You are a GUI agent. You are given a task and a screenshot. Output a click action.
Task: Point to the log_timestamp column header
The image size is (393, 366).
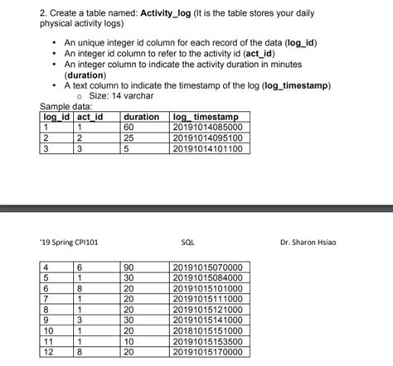205,117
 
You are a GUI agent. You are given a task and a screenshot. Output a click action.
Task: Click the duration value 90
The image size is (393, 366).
129,267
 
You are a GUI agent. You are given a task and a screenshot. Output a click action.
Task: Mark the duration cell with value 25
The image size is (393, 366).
129,138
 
